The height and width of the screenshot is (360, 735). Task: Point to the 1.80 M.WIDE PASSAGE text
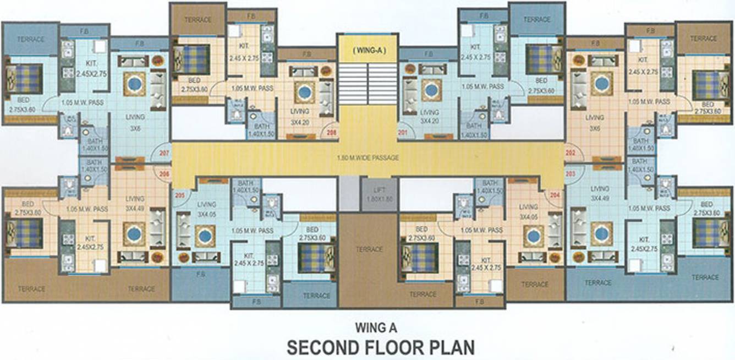pyautogui.click(x=367, y=158)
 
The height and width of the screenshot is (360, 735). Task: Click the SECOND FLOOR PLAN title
pyautogui.click(x=381, y=348)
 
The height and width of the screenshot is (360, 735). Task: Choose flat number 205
pyautogui.click(x=179, y=194)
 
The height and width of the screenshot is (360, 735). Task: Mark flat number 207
pyautogui.click(x=163, y=154)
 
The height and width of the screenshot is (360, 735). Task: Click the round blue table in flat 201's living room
pyautogui.click(x=432, y=90)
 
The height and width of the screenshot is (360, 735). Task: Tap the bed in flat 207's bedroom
pyautogui.click(x=25, y=79)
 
